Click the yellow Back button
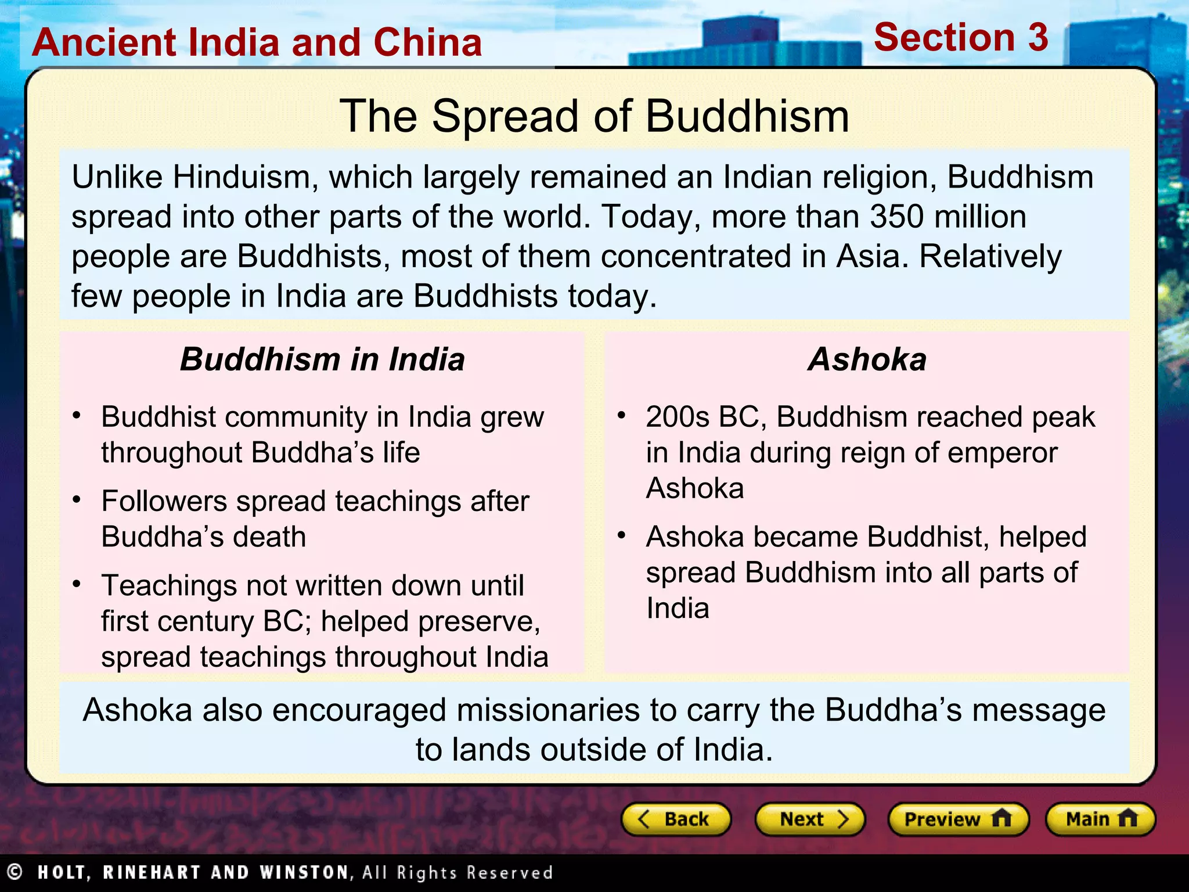[x=676, y=819]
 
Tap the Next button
[x=810, y=819]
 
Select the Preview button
[x=958, y=819]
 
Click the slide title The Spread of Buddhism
[x=594, y=116]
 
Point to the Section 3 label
[x=961, y=38]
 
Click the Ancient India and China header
[x=257, y=42]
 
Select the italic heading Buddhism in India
[x=322, y=359]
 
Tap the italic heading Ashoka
[x=867, y=359]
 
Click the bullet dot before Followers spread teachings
[x=77, y=499]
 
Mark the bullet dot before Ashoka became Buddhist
[x=622, y=535]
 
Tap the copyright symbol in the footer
[x=15, y=872]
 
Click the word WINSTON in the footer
[x=304, y=872]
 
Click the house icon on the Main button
[x=1127, y=819]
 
